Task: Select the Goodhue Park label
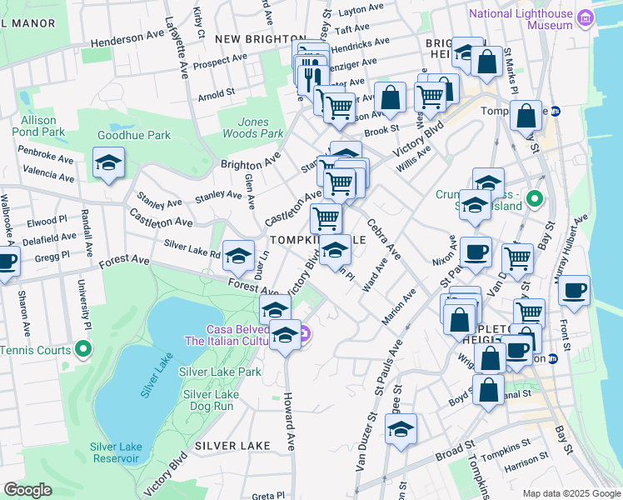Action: click(x=133, y=135)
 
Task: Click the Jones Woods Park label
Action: click(x=253, y=127)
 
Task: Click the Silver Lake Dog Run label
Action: click(x=211, y=400)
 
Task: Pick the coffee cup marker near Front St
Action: click(x=574, y=291)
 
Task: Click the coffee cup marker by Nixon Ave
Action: click(x=476, y=252)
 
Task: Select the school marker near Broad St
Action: click(x=401, y=429)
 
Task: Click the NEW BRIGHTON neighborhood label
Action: click(x=260, y=39)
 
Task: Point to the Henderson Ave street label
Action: click(x=128, y=40)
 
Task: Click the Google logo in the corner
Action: click(x=27, y=490)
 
